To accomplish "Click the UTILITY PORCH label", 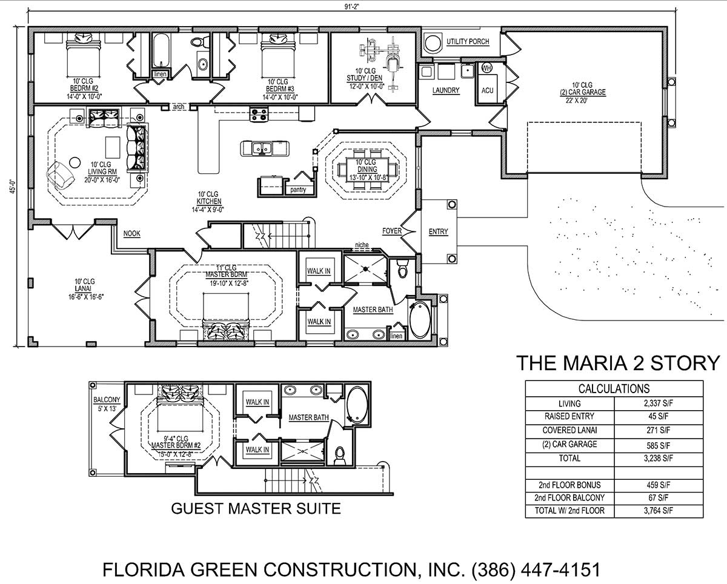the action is (x=468, y=42).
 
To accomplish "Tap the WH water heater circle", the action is (x=486, y=68).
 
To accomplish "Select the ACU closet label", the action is (x=487, y=90).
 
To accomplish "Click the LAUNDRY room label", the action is (x=446, y=90).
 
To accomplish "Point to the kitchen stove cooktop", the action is (x=259, y=114).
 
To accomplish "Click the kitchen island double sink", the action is (x=262, y=148).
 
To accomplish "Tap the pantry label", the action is (x=298, y=190).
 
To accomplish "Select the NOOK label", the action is (x=131, y=233).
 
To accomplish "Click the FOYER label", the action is (x=392, y=231).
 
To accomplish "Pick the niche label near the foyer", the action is (x=362, y=245).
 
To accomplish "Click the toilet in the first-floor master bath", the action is (x=402, y=268).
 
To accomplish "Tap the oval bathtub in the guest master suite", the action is (x=357, y=405).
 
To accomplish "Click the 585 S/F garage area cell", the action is (x=658, y=445).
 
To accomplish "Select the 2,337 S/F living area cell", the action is (x=658, y=403).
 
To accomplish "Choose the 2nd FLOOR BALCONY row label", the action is (x=569, y=497).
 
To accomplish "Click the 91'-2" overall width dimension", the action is (x=350, y=7).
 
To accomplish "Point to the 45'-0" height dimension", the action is (x=13, y=186).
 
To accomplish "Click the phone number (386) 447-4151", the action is (x=536, y=570).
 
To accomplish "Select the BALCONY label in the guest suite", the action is (x=107, y=400).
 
